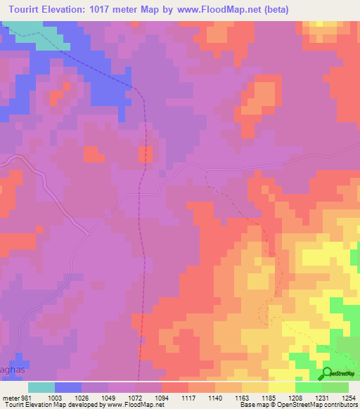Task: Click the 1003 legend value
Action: (55, 398)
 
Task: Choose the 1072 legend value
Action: (136, 398)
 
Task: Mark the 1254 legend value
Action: (349, 398)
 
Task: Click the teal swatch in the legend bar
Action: (41, 387)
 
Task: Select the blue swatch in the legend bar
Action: (68, 387)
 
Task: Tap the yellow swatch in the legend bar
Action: (282, 387)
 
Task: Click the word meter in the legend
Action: (10, 398)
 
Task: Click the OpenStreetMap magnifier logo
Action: (328, 372)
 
